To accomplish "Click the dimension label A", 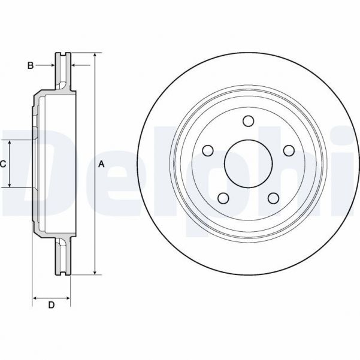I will pos(102,164).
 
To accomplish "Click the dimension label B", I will pos(31,65).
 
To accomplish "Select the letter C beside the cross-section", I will pos(4,164).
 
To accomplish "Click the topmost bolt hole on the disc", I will pos(247,122).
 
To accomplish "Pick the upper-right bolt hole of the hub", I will pos(288,150).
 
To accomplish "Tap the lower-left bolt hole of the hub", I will pos(223,197).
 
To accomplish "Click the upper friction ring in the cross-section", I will pos(63,72).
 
